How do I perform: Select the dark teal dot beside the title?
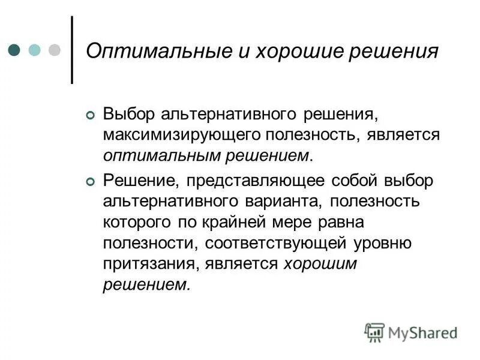[x=15, y=49]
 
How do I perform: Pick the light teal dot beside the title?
[x=35, y=49]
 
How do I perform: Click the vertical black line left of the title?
[x=72, y=49]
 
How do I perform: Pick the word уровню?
[x=382, y=243]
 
